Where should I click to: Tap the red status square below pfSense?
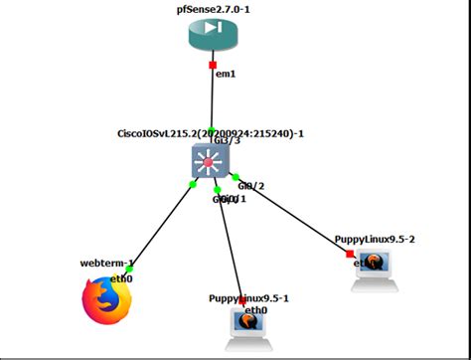click(211, 66)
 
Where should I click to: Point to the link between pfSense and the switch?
click(212, 104)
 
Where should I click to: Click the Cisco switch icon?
click(212, 162)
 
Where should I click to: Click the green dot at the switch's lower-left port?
click(192, 183)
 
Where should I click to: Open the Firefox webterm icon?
click(106, 301)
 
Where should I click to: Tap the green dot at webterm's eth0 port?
click(129, 269)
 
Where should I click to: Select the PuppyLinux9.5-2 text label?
click(374, 239)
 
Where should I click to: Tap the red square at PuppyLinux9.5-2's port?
click(349, 254)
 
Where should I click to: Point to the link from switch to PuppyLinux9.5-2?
click(293, 216)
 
